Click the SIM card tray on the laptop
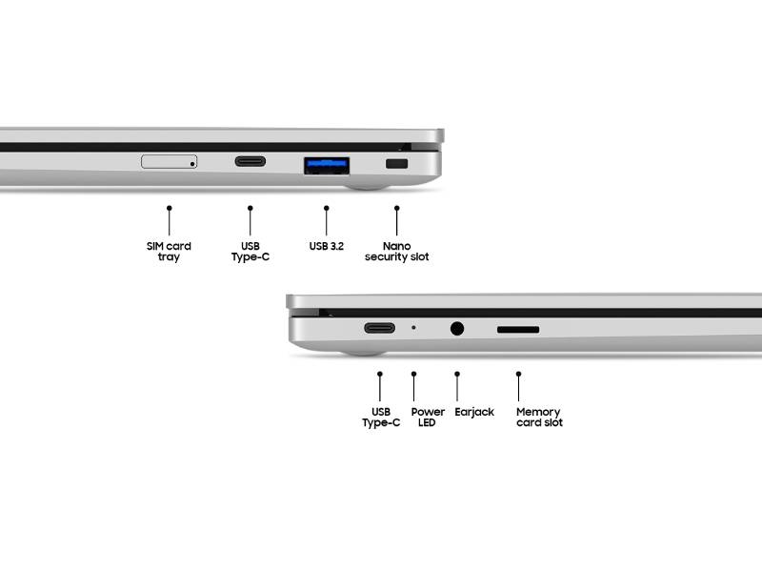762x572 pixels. [x=169, y=161]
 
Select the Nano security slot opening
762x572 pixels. [x=395, y=166]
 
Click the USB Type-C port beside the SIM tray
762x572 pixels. [x=251, y=161]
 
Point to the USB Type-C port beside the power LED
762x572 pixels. [x=379, y=328]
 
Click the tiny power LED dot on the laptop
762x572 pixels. [x=413, y=328]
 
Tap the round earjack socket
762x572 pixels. [x=457, y=328]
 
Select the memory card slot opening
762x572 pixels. [x=518, y=330]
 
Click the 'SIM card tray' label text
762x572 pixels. [x=169, y=252]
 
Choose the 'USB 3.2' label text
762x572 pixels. [x=326, y=246]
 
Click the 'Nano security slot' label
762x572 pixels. [x=396, y=252]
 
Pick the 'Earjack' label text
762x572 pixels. [x=474, y=412]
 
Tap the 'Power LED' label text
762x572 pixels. [x=428, y=418]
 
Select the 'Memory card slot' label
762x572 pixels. [x=539, y=418]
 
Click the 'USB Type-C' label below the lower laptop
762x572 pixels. [x=380, y=418]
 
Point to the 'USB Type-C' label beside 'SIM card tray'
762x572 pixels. [x=251, y=252]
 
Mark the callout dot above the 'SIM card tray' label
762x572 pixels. [x=169, y=206]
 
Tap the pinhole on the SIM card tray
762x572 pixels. [x=191, y=163]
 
